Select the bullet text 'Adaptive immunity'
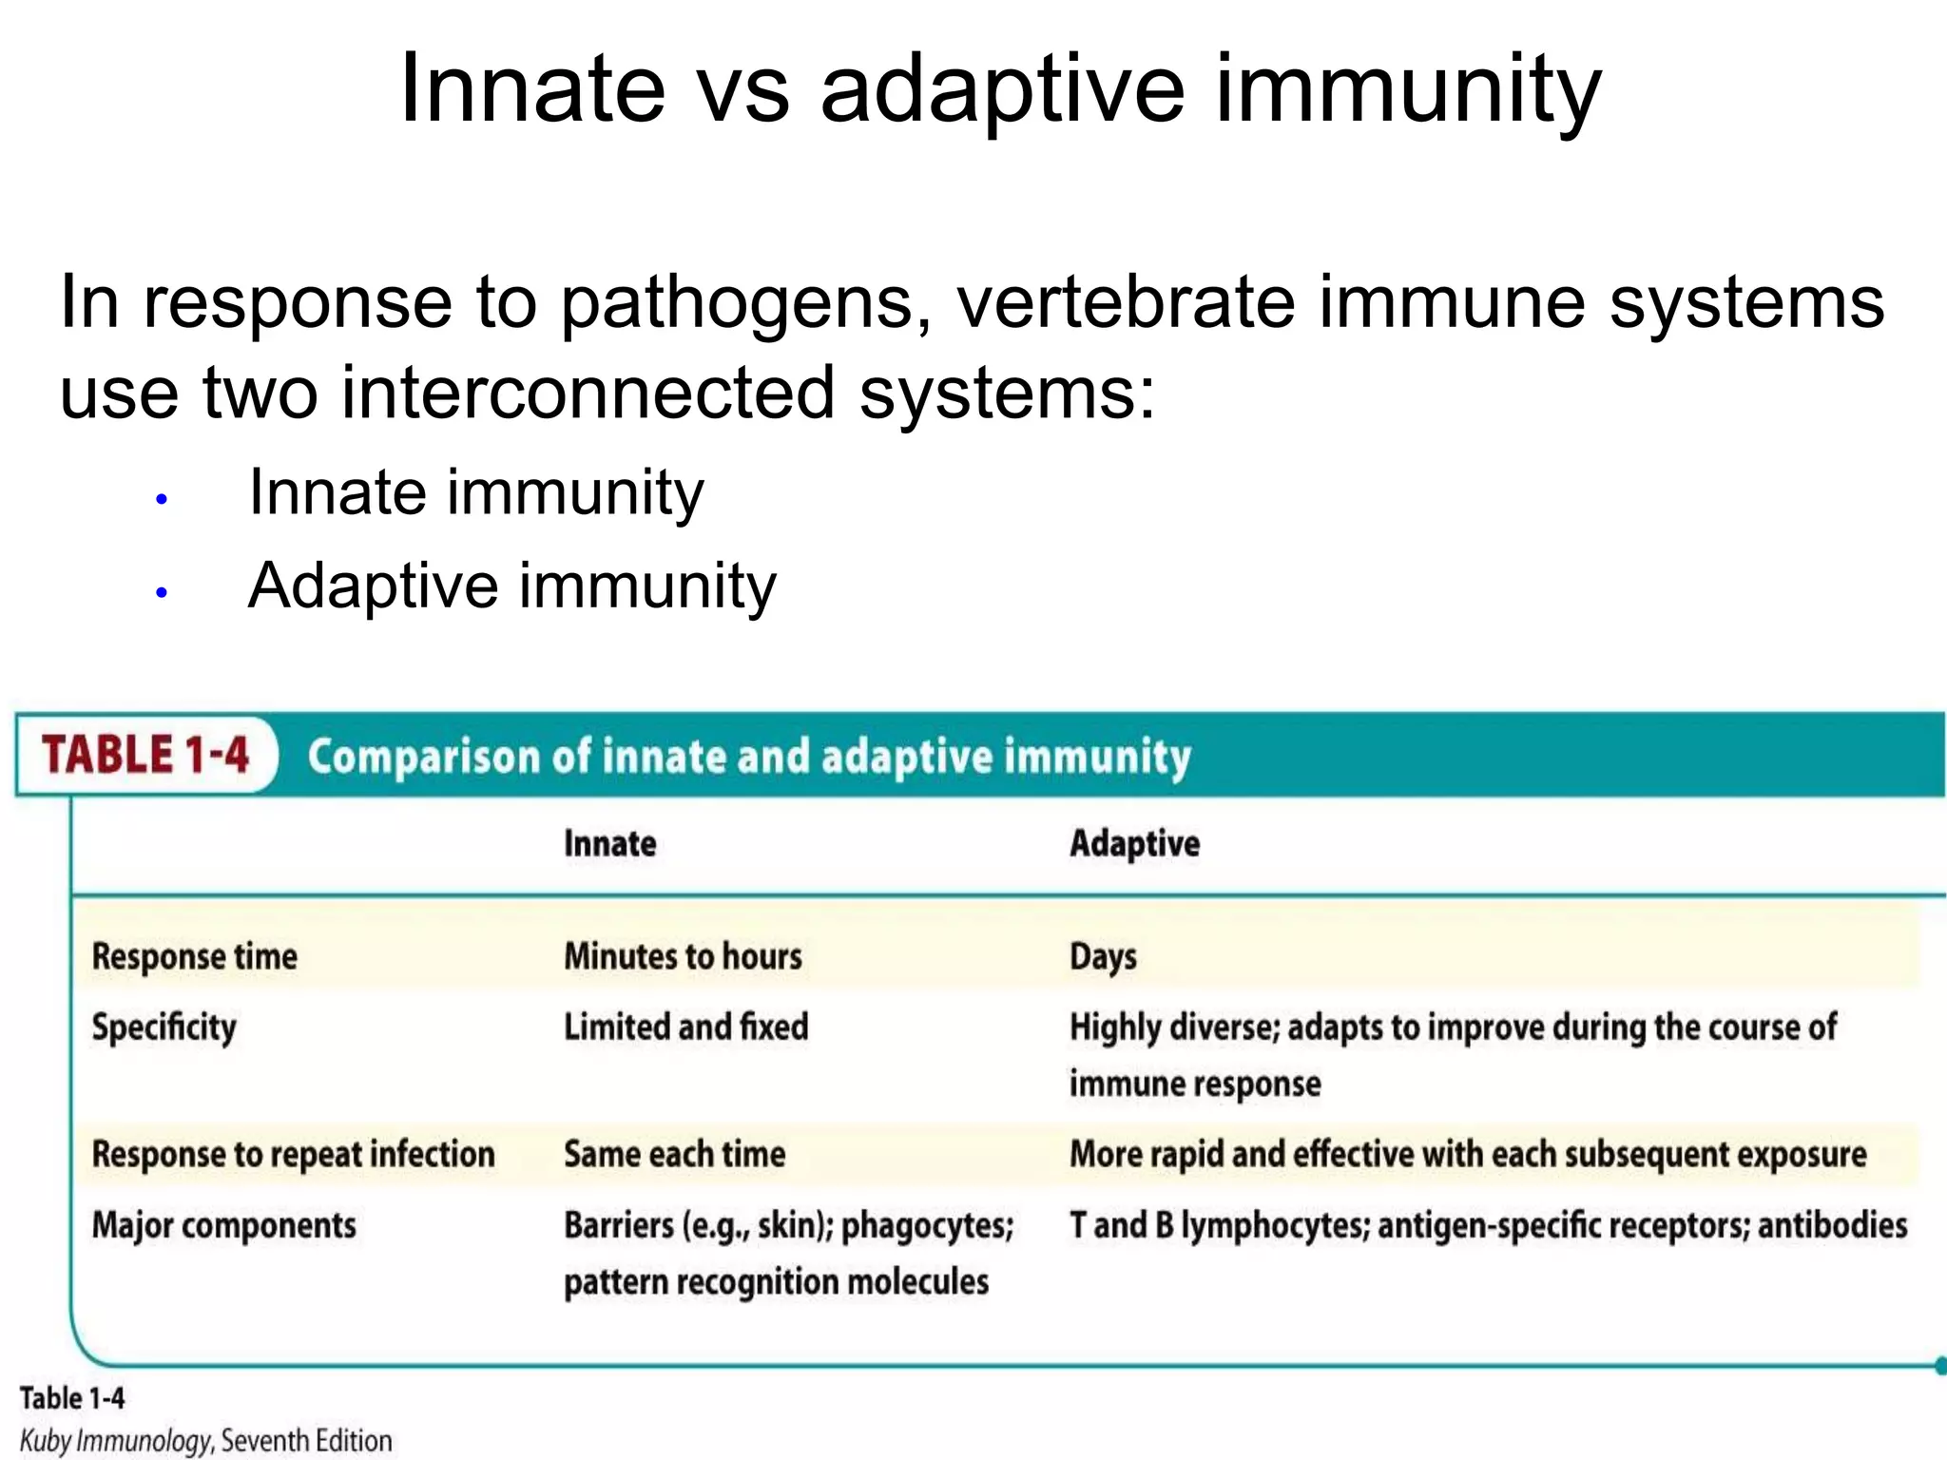tap(511, 586)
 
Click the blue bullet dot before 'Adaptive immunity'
tap(162, 593)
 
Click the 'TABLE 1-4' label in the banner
tap(145, 755)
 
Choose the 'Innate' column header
tap(609, 844)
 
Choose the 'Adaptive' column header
tap(1134, 844)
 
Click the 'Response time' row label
tap(194, 956)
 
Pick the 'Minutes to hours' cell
tap(683, 956)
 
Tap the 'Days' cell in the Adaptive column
tap(1103, 957)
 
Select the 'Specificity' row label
tap(164, 1028)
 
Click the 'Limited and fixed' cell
tap(685, 1028)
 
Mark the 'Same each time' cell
tap(674, 1154)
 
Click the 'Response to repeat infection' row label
tap(293, 1154)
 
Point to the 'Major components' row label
tap(223, 1225)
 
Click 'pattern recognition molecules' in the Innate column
tap(776, 1282)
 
